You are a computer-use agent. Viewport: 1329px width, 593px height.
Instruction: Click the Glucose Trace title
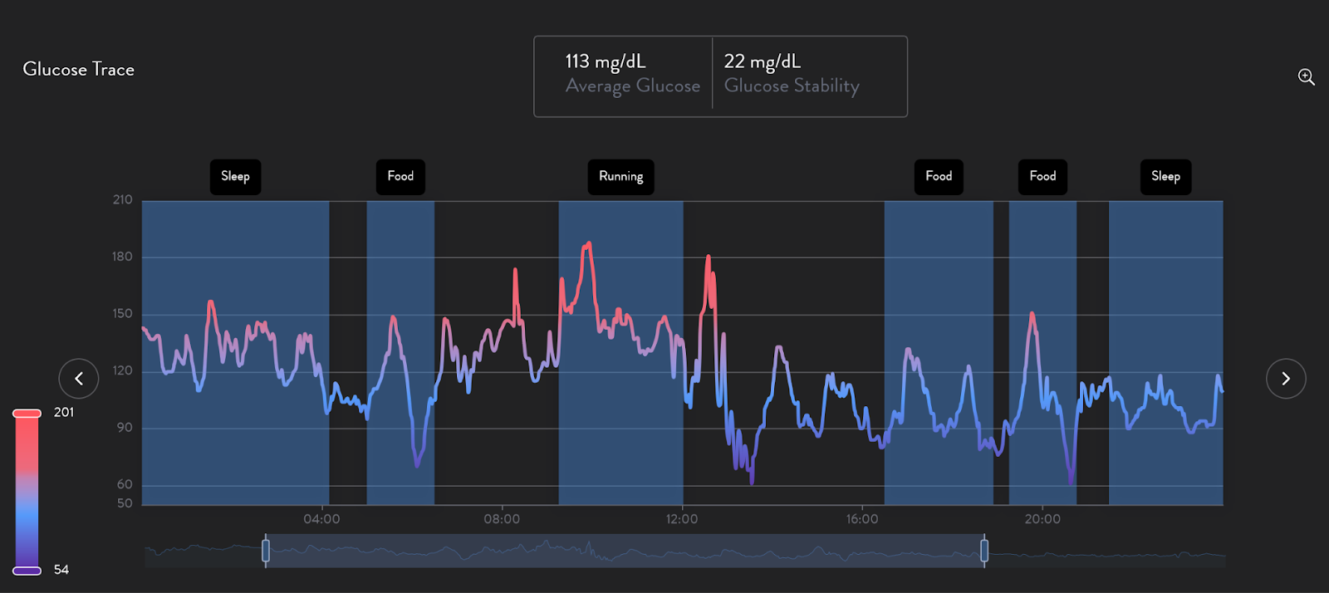78,70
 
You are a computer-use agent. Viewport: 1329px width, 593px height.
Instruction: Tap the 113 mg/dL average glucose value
605,61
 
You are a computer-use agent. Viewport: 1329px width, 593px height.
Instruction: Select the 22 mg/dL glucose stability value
762,61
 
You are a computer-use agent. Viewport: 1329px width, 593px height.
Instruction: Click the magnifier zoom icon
1306,77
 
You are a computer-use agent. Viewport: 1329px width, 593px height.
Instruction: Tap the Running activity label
620,177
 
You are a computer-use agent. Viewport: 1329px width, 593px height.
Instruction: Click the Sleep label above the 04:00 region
235,177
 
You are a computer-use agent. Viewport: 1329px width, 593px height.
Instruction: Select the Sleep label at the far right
1165,177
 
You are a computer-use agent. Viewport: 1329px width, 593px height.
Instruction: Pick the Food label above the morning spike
400,177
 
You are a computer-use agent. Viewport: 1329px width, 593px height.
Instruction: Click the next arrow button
1285,379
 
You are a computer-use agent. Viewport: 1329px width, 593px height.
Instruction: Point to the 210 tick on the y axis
122,200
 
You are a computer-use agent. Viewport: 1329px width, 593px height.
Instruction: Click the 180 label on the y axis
122,257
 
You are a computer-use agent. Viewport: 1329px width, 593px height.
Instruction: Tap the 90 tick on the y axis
124,428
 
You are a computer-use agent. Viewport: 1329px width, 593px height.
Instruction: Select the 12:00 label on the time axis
682,519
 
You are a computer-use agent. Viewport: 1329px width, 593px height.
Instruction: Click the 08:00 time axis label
502,519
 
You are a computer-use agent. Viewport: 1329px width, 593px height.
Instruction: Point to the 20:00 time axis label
1042,519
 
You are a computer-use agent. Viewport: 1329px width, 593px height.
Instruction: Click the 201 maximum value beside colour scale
64,413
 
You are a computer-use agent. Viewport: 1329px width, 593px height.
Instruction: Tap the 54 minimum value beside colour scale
61,570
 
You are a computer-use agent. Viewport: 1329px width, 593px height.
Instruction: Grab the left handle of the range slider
266,551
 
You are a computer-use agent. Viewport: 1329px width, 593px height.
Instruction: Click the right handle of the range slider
984,551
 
